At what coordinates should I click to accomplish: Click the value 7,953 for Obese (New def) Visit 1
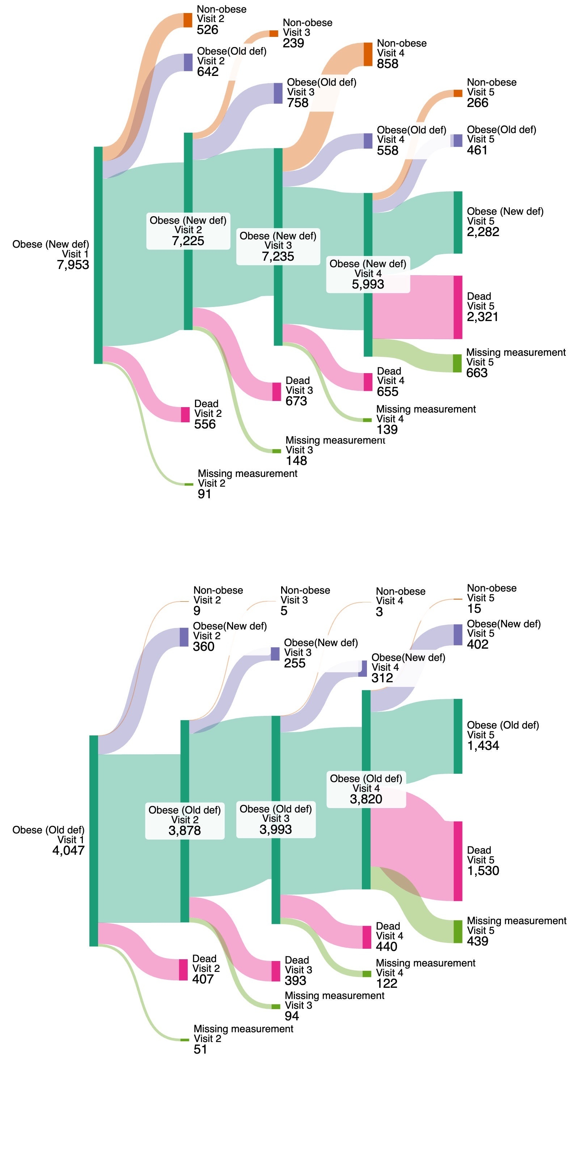[73, 265]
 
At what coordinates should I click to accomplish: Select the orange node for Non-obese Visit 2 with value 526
[187, 20]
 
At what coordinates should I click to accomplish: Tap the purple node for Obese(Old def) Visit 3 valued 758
[278, 93]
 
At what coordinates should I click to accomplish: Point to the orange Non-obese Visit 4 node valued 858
[368, 54]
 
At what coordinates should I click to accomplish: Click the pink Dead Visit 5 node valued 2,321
[458, 307]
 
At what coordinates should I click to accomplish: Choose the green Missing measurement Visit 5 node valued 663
[457, 363]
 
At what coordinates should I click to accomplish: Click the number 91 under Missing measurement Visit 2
[204, 494]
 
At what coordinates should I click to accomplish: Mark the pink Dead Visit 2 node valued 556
[185, 415]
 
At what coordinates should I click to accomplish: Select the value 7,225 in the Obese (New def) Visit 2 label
[188, 241]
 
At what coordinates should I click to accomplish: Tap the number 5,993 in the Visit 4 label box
[368, 284]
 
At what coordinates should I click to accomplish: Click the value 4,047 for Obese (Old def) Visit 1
[68, 850]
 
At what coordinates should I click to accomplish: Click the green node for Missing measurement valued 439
[458, 931]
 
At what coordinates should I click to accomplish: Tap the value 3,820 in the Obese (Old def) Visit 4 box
[366, 799]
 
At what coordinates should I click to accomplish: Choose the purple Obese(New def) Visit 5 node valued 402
[458, 635]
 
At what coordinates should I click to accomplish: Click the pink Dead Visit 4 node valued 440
[367, 937]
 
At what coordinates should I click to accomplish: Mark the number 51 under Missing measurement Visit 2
[200, 1049]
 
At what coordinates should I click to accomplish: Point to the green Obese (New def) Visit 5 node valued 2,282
[458, 223]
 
